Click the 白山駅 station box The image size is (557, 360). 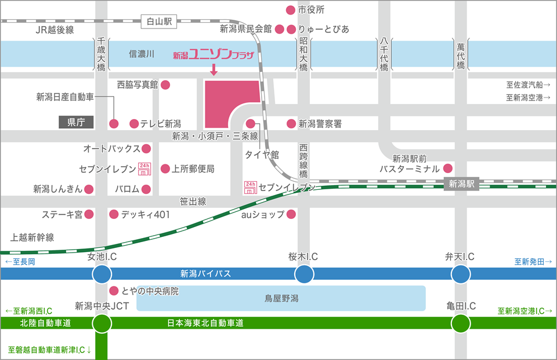159,21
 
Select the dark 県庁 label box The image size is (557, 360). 77,122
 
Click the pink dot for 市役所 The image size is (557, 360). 291,10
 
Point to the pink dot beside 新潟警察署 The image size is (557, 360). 291,124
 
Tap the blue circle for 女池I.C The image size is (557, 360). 102,273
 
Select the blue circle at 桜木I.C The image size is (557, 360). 303,273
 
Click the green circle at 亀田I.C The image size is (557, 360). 461,323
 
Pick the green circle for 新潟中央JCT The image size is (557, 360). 102,323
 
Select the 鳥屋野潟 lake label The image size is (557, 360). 281,298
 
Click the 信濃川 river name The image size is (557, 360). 142,55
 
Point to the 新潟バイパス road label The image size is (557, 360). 205,273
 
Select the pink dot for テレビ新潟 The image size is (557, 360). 134,124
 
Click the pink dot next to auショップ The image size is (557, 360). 291,215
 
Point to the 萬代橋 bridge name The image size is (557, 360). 461,56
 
